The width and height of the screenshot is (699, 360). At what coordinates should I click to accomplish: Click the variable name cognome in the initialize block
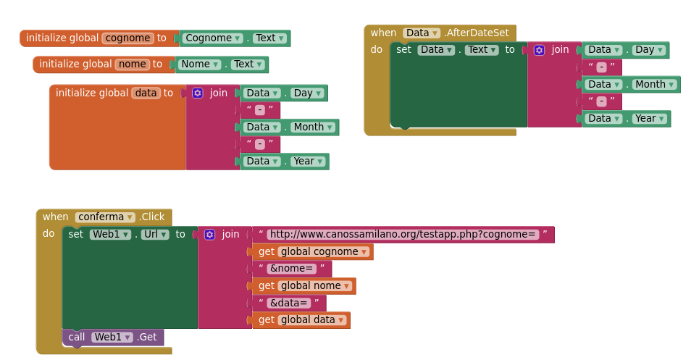[128, 38]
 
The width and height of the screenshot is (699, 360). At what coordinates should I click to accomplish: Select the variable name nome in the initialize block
[132, 64]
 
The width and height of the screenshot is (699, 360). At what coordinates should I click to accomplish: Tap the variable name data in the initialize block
[146, 93]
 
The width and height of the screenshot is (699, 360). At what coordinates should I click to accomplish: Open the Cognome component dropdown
[212, 38]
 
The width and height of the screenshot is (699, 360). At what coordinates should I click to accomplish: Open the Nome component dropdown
[199, 64]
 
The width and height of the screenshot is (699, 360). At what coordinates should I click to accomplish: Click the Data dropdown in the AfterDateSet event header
[422, 33]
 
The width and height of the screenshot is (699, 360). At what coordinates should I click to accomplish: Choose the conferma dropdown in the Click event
[106, 217]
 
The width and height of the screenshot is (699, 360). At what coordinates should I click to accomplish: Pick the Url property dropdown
[154, 235]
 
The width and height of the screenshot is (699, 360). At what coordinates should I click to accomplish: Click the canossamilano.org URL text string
[403, 235]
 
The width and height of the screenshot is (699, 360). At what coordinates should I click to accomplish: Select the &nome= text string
[291, 269]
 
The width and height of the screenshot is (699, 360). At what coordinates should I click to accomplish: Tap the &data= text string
[290, 303]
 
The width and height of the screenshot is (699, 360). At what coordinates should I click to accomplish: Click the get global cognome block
[312, 252]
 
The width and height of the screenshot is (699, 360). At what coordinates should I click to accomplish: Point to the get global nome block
[304, 286]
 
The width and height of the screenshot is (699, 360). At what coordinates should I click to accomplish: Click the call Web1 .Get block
[113, 337]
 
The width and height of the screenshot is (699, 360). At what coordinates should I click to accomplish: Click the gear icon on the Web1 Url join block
[209, 235]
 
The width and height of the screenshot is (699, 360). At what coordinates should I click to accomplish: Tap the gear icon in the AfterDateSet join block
[539, 50]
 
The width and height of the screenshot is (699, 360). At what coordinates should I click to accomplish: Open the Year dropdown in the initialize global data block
[307, 162]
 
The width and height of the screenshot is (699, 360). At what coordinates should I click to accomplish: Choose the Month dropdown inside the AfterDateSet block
[655, 85]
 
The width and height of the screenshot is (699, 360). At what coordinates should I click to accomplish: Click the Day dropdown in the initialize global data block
[307, 93]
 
